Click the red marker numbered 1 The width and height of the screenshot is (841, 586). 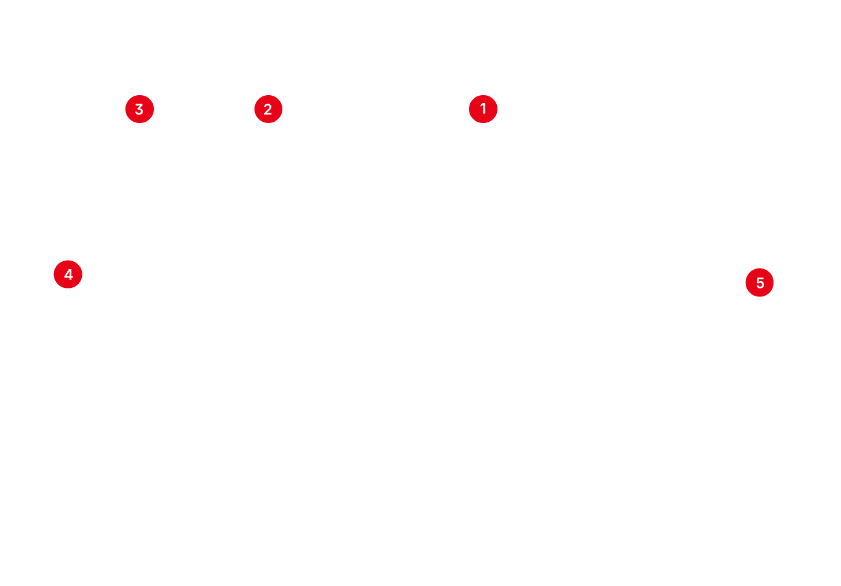point(483,109)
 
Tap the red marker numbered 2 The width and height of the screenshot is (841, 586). point(268,110)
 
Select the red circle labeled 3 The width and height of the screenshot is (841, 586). point(139,110)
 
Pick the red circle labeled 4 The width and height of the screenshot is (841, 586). point(68,275)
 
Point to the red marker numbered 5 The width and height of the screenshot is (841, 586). point(760,283)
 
